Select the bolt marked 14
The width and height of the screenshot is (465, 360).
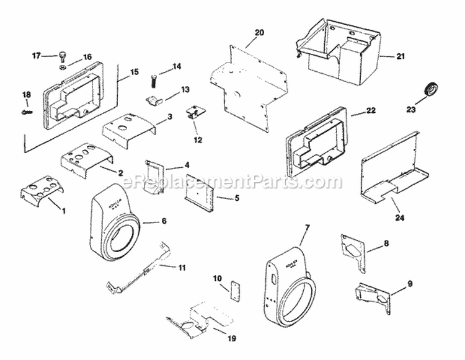click(152, 79)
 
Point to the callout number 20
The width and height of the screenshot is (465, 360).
click(259, 32)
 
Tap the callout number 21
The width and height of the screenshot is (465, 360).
click(401, 56)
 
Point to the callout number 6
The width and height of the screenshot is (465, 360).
click(164, 221)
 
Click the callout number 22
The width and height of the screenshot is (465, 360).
click(371, 111)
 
